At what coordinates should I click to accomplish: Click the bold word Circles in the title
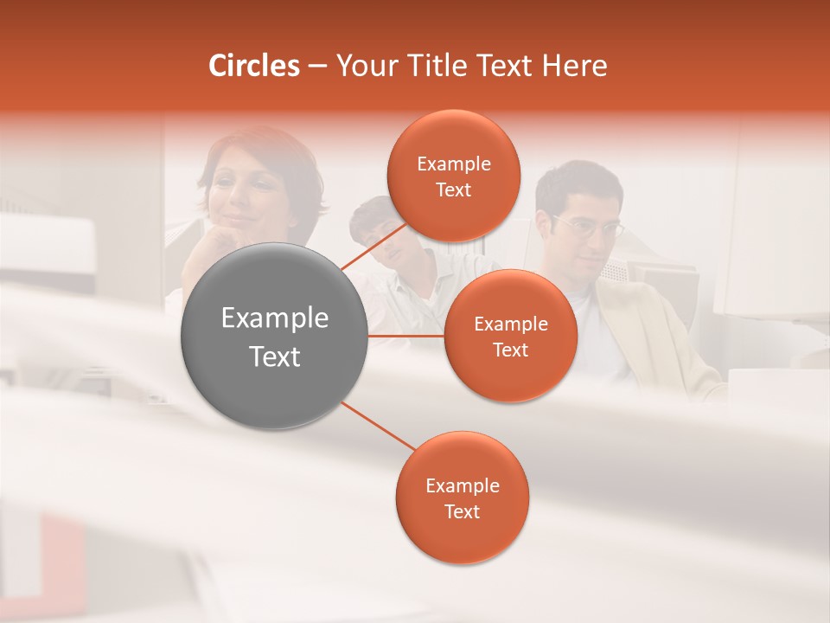tap(254, 66)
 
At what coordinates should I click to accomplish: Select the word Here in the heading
tap(575, 66)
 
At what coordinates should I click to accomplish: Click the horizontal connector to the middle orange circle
tap(406, 336)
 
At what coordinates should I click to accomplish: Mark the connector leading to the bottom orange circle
tap(378, 425)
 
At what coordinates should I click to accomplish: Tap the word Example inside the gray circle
tap(275, 318)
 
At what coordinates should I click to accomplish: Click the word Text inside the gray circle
tap(275, 356)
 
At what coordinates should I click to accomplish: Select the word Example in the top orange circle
tap(453, 164)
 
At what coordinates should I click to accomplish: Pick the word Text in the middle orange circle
tap(510, 350)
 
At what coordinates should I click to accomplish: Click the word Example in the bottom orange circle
tap(462, 486)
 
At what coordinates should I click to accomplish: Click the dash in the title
tap(317, 67)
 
